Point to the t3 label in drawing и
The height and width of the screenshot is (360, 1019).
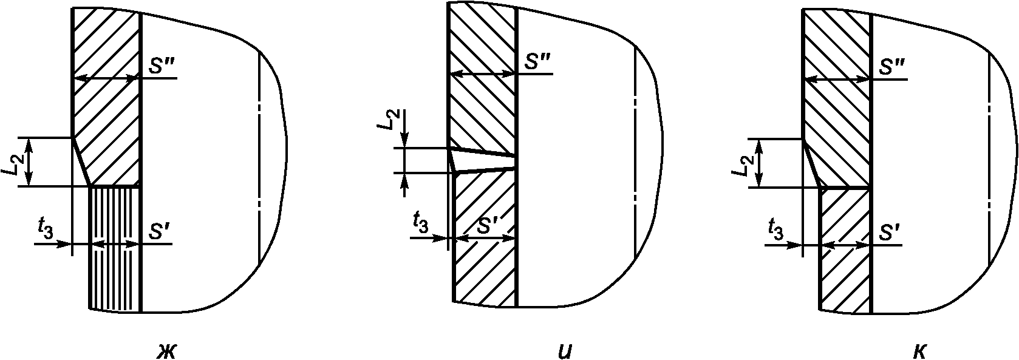coord(421,222)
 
